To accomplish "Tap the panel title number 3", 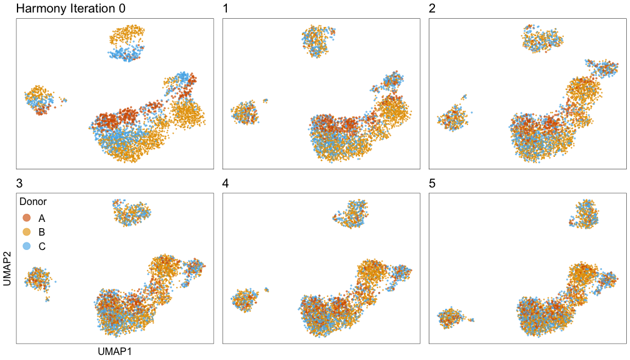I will coord(19,184).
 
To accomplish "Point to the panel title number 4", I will coord(227,184).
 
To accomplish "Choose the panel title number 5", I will coord(432,184).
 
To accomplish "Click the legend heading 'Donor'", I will coord(33,202).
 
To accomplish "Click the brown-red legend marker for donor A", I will coord(27,218).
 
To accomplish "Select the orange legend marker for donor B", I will coord(27,232).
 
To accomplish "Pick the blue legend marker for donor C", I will coord(27,246).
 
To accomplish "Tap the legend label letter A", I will coord(42,218).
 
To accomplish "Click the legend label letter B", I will coord(42,232).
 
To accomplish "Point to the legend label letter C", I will coord(42,246).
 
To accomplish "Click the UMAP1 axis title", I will coord(115,352).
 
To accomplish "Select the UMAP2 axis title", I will coord(7,269).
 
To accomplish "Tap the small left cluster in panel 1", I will coord(244,113).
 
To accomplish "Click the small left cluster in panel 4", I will coord(244,300).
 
